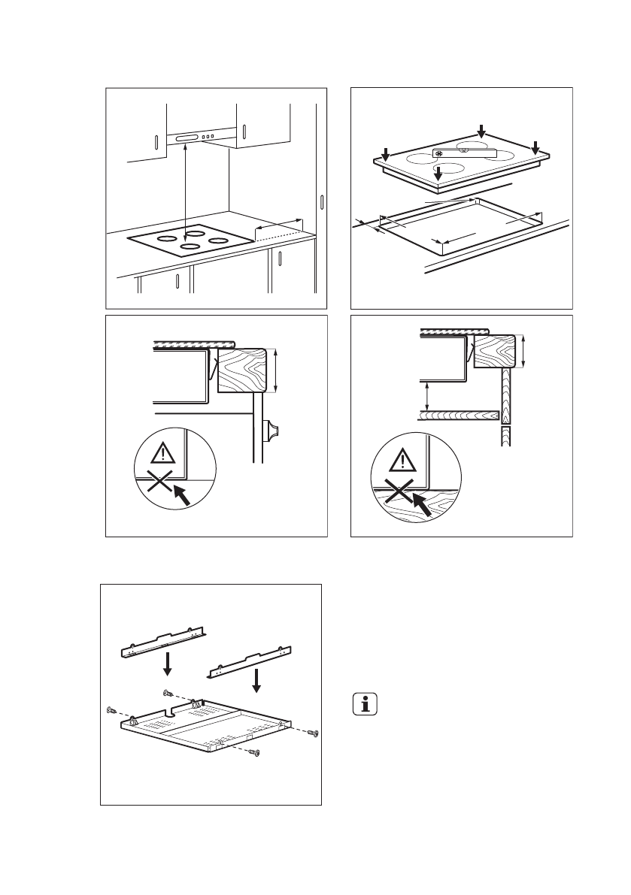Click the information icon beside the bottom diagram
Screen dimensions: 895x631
(365, 705)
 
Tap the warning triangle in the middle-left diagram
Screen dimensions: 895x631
(164, 452)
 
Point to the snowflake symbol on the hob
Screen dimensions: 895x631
(438, 153)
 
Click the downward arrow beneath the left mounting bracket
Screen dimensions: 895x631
(168, 663)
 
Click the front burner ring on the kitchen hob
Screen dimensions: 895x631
(190, 246)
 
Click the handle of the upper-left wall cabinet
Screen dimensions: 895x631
(155, 143)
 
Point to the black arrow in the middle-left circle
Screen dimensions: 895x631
(181, 494)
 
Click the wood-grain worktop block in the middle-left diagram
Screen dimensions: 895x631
(241, 370)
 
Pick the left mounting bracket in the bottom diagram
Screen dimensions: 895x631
(164, 640)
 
